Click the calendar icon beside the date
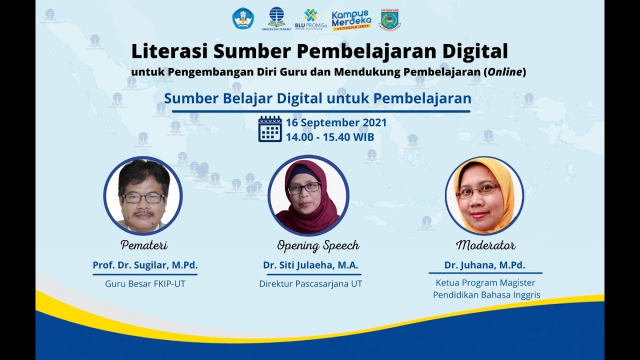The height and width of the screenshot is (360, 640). [x=270, y=129]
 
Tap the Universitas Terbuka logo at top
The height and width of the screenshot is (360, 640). [x=276, y=18]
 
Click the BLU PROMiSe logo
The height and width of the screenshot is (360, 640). [x=310, y=19]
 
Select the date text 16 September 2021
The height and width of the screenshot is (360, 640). [x=336, y=123]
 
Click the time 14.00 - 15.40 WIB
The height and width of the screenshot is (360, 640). [x=330, y=137]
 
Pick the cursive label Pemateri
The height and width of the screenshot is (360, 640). [x=144, y=245]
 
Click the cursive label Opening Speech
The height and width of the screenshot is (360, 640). [x=318, y=245]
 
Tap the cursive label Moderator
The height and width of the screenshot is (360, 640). [x=485, y=245]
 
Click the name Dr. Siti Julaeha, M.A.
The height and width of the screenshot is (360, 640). [x=311, y=265]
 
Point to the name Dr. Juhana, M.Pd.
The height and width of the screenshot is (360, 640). [x=485, y=265]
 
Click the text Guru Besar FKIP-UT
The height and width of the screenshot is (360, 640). [x=145, y=284]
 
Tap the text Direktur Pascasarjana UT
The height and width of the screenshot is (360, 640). [x=310, y=284]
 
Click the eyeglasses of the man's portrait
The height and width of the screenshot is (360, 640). [x=143, y=198]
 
